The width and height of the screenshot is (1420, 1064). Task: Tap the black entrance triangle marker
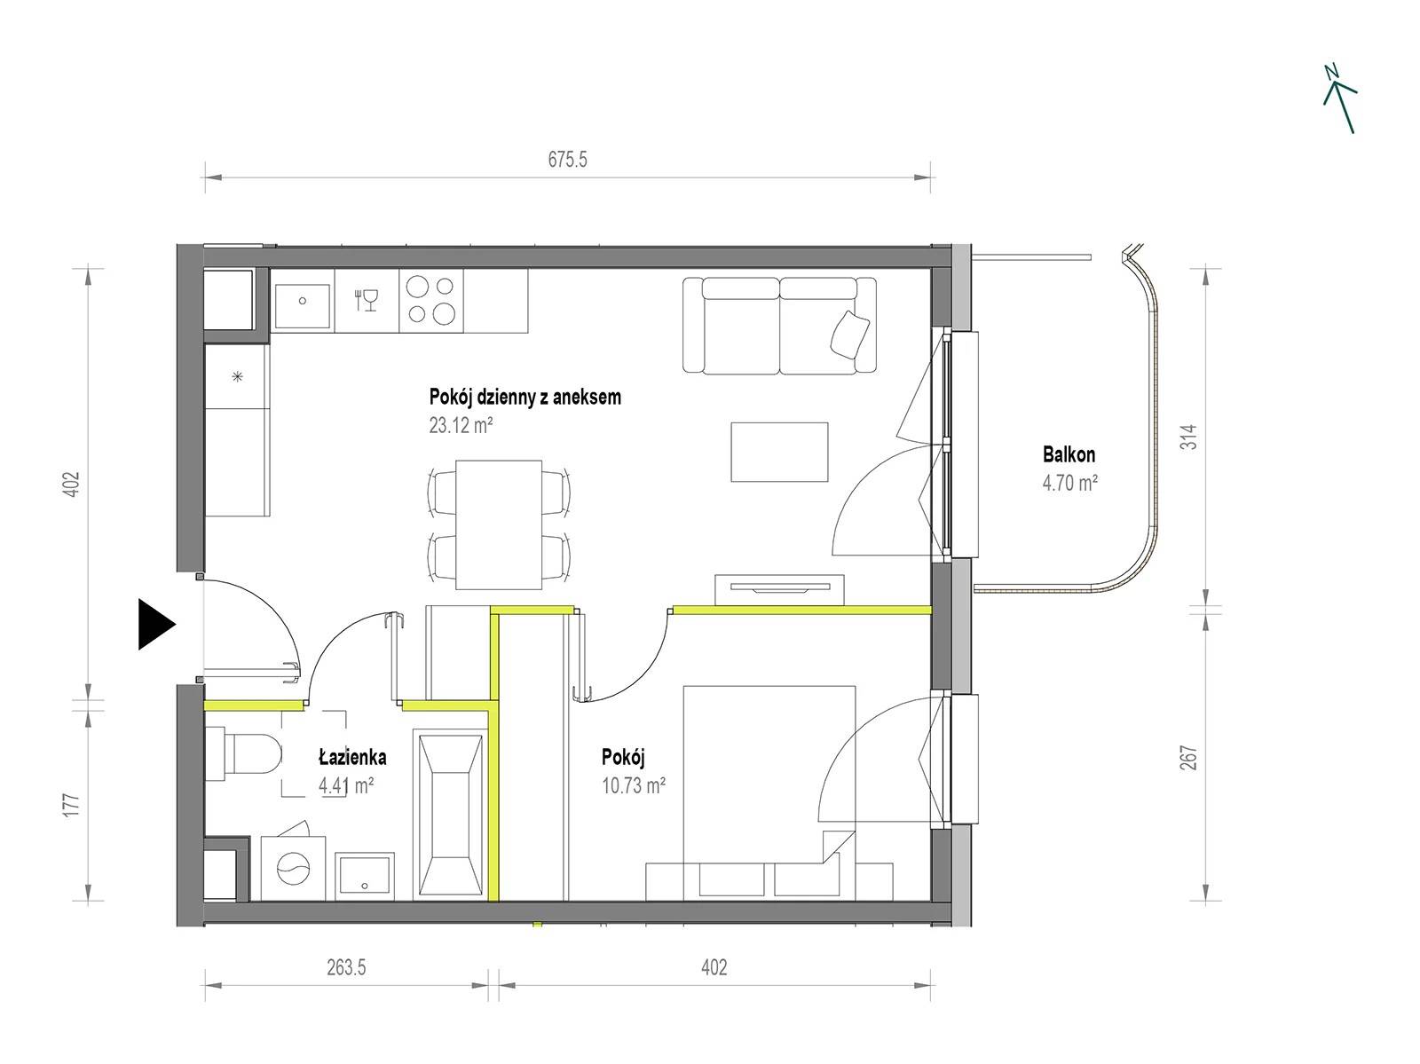coord(156,624)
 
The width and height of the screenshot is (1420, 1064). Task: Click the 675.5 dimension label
coord(567,159)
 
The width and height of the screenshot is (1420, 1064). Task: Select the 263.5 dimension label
coord(346,967)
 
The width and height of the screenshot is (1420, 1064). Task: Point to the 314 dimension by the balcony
coord(1189,437)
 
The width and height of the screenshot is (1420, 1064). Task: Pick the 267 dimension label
coord(1189,758)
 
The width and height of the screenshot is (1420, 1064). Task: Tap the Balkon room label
coord(1069,454)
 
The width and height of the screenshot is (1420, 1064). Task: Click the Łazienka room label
coord(352,757)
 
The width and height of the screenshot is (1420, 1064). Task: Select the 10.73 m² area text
coord(634,785)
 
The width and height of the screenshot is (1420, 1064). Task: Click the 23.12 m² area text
coord(461,425)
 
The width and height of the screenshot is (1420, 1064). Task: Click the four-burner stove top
coord(431,301)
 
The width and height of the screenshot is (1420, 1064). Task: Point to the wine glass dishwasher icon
coord(367,300)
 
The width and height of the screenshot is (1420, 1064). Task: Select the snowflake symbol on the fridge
coord(238,375)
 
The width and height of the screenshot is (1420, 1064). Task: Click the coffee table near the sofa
coord(779,452)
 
